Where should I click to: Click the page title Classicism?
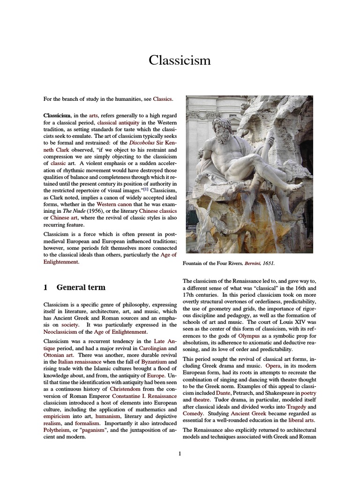pyautogui.click(x=180, y=60)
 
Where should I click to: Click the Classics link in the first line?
pyautogui.click(x=163, y=99)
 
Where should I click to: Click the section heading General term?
pyautogui.click(x=81, y=287)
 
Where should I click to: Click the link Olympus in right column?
pyautogui.click(x=249, y=336)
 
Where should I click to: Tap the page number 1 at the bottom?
pyautogui.click(x=180, y=453)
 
